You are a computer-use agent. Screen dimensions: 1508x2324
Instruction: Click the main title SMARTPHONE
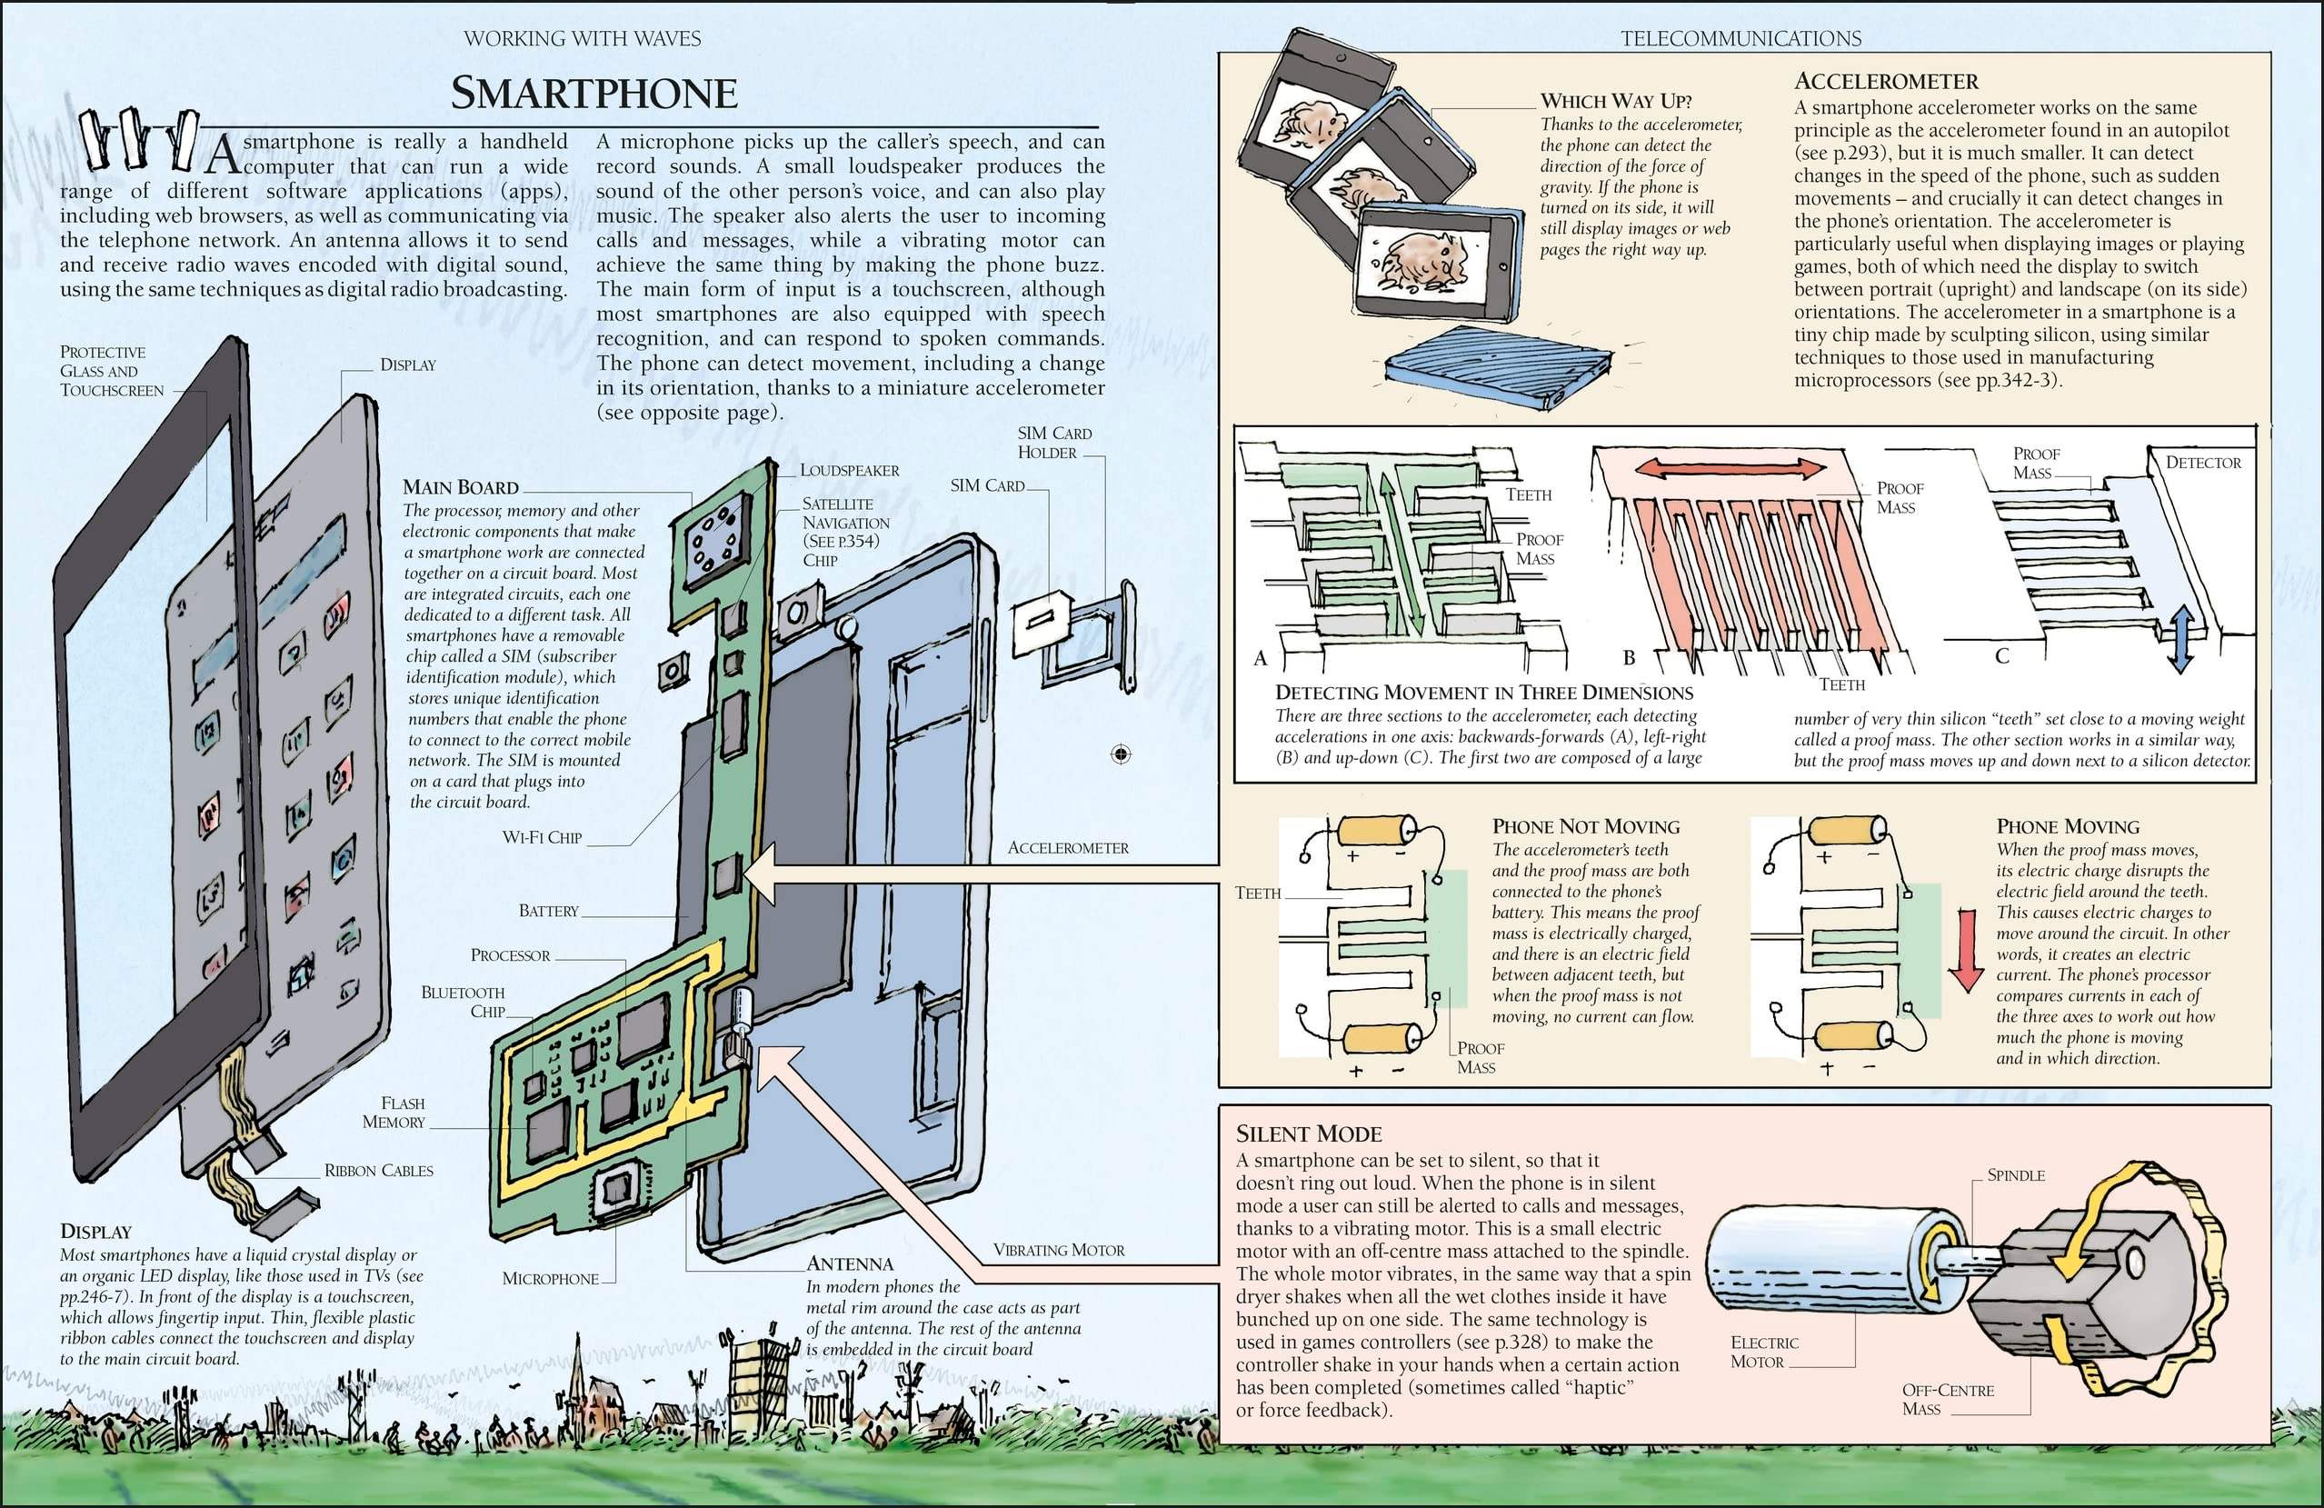593,94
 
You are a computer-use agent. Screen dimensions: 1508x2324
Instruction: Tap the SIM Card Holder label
1053,443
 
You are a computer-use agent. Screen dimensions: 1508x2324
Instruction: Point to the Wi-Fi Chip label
542,838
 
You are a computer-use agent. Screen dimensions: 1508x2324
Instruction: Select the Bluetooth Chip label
464,1002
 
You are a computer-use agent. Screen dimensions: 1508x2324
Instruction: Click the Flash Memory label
394,1113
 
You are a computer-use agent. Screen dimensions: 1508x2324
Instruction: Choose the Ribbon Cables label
379,1171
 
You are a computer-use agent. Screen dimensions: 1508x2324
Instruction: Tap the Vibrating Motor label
1059,1250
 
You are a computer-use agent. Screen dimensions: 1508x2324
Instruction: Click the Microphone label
550,1278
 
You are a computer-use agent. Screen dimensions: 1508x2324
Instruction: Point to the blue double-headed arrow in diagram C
2179,640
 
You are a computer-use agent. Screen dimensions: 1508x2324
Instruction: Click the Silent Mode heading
1309,1133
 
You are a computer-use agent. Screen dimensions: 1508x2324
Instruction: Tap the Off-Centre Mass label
1947,1400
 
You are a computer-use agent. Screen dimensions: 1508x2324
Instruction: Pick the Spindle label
2015,1175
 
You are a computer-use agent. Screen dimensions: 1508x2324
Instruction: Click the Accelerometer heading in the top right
1887,82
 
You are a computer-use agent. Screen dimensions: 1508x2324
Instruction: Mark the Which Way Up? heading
1616,101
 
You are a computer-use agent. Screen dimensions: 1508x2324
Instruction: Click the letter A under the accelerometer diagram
1261,658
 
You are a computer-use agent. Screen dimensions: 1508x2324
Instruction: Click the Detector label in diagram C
2203,463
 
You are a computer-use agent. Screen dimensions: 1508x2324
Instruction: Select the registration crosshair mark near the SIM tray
1121,754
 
